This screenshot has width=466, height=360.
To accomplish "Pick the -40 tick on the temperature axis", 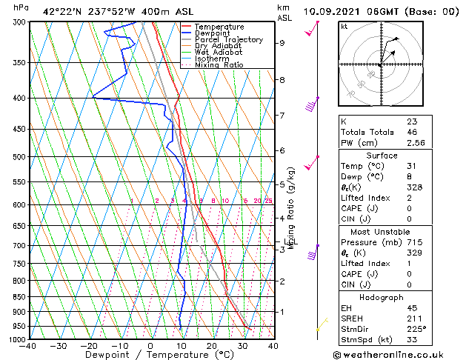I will [x=28, y=346].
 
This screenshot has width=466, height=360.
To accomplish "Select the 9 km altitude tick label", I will [x=282, y=43].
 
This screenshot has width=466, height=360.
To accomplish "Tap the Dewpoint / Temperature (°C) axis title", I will [x=149, y=355].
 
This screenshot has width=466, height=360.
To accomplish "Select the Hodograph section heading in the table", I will [x=382, y=299].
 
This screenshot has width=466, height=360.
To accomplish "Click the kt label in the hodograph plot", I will [x=344, y=26].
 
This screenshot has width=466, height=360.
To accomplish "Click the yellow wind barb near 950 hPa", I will [x=321, y=327].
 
